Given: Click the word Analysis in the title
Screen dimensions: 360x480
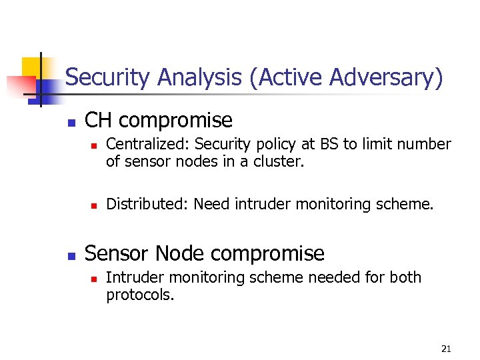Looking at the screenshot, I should pyautogui.click(x=199, y=78).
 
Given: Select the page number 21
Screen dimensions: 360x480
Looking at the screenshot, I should pyautogui.click(x=446, y=349).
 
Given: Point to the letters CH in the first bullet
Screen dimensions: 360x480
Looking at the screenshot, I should pyautogui.click(x=99, y=120).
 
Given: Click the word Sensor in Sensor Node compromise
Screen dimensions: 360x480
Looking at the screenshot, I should pyautogui.click(x=119, y=253).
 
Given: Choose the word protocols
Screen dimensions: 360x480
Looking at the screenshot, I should pyautogui.click(x=139, y=295).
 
